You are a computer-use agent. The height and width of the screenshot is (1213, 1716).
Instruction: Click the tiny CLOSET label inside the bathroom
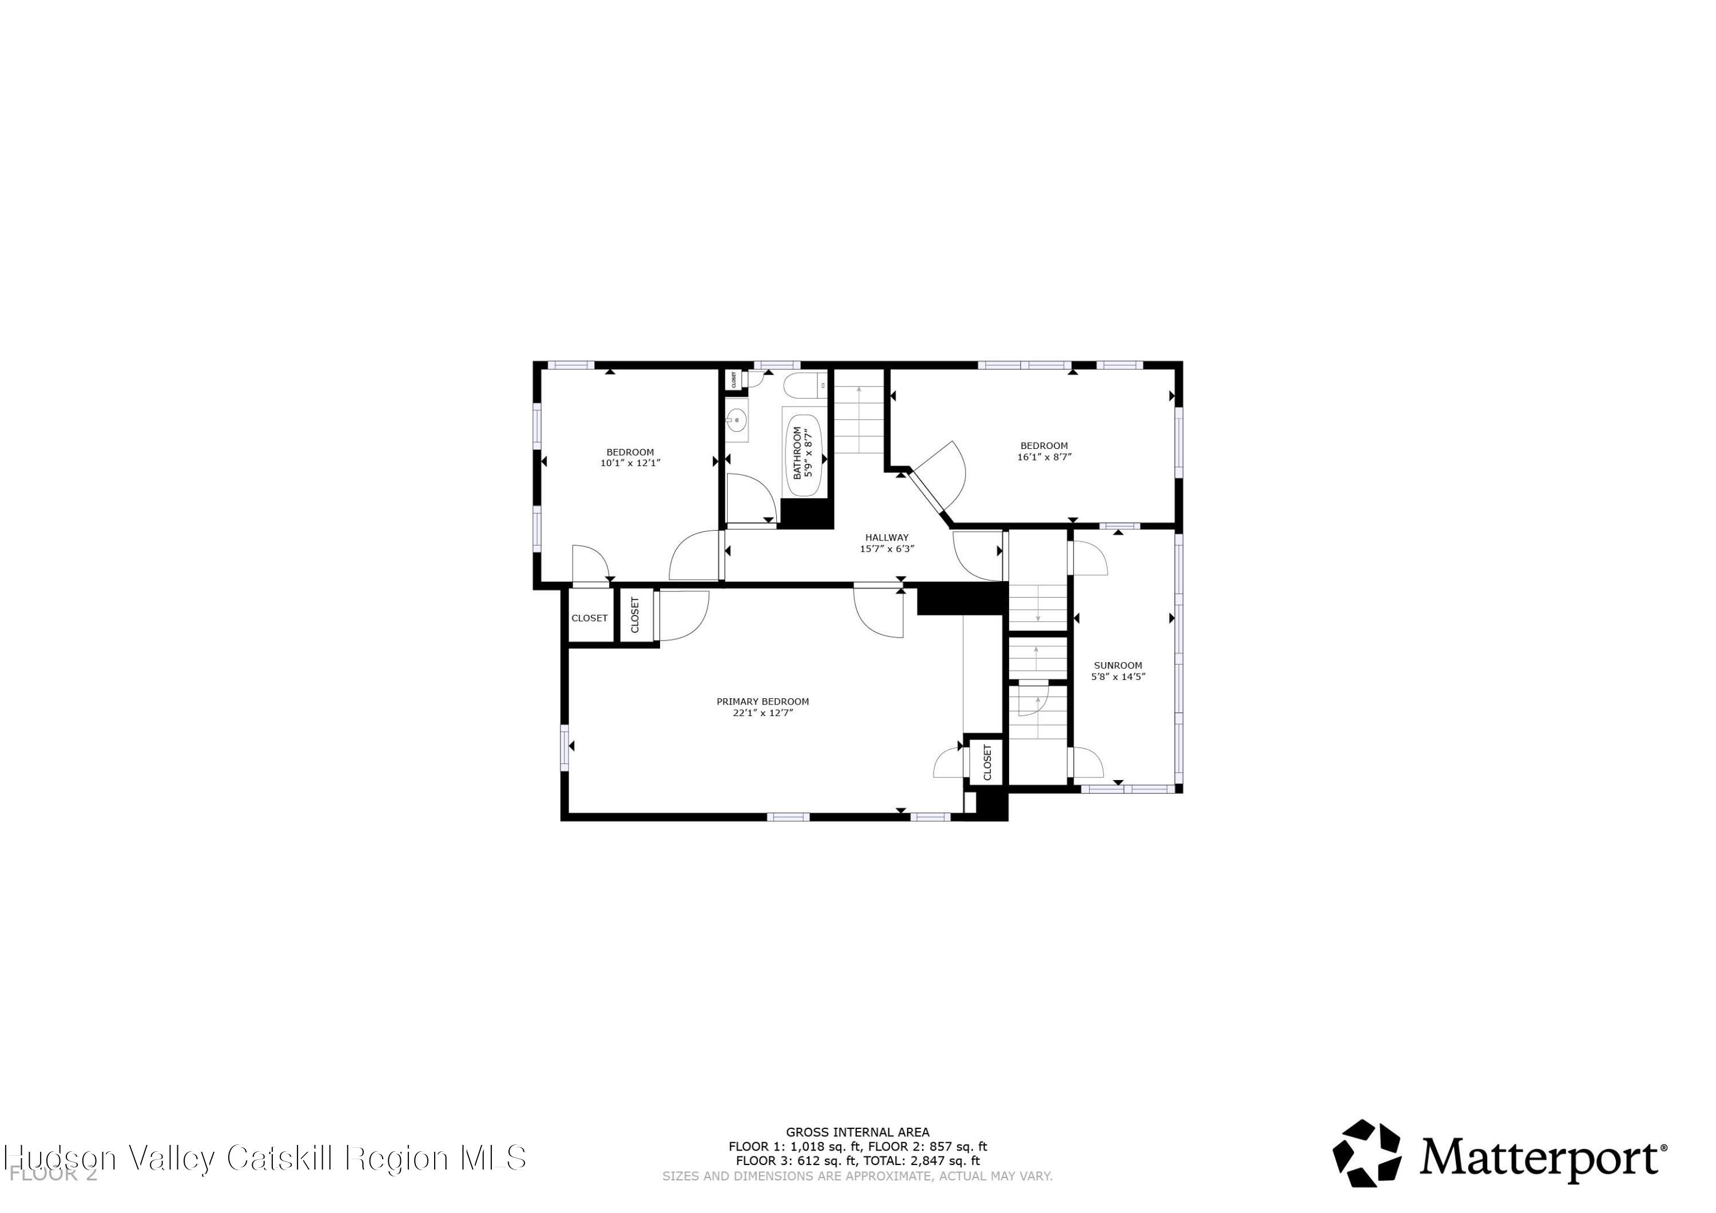click(734, 380)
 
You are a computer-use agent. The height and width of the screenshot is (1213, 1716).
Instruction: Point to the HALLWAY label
click(887, 536)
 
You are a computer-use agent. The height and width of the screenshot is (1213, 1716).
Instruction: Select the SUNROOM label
click(1117, 665)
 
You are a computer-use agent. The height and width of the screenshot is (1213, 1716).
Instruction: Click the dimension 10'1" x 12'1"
click(630, 463)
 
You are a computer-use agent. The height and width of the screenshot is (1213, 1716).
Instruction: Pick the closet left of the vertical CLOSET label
click(590, 617)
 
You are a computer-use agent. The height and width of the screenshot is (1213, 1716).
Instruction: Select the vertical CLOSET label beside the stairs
click(987, 762)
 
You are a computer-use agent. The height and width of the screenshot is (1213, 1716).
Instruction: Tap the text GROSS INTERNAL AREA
click(857, 1132)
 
